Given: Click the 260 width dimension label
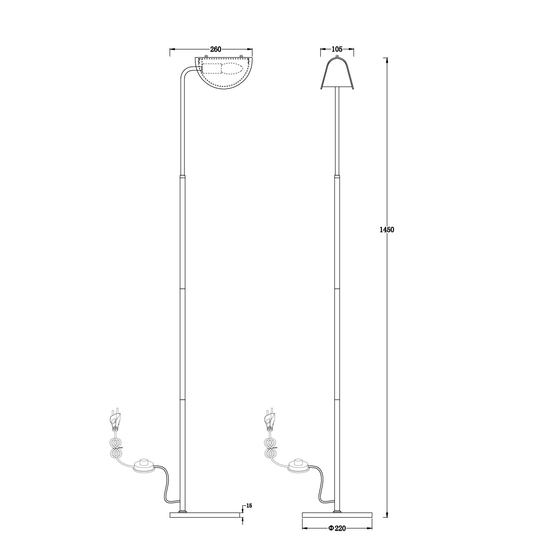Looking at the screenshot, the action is pyautogui.click(x=216, y=49).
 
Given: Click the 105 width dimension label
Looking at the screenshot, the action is pyautogui.click(x=337, y=49).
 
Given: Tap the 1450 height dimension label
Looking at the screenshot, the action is pyautogui.click(x=387, y=229).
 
